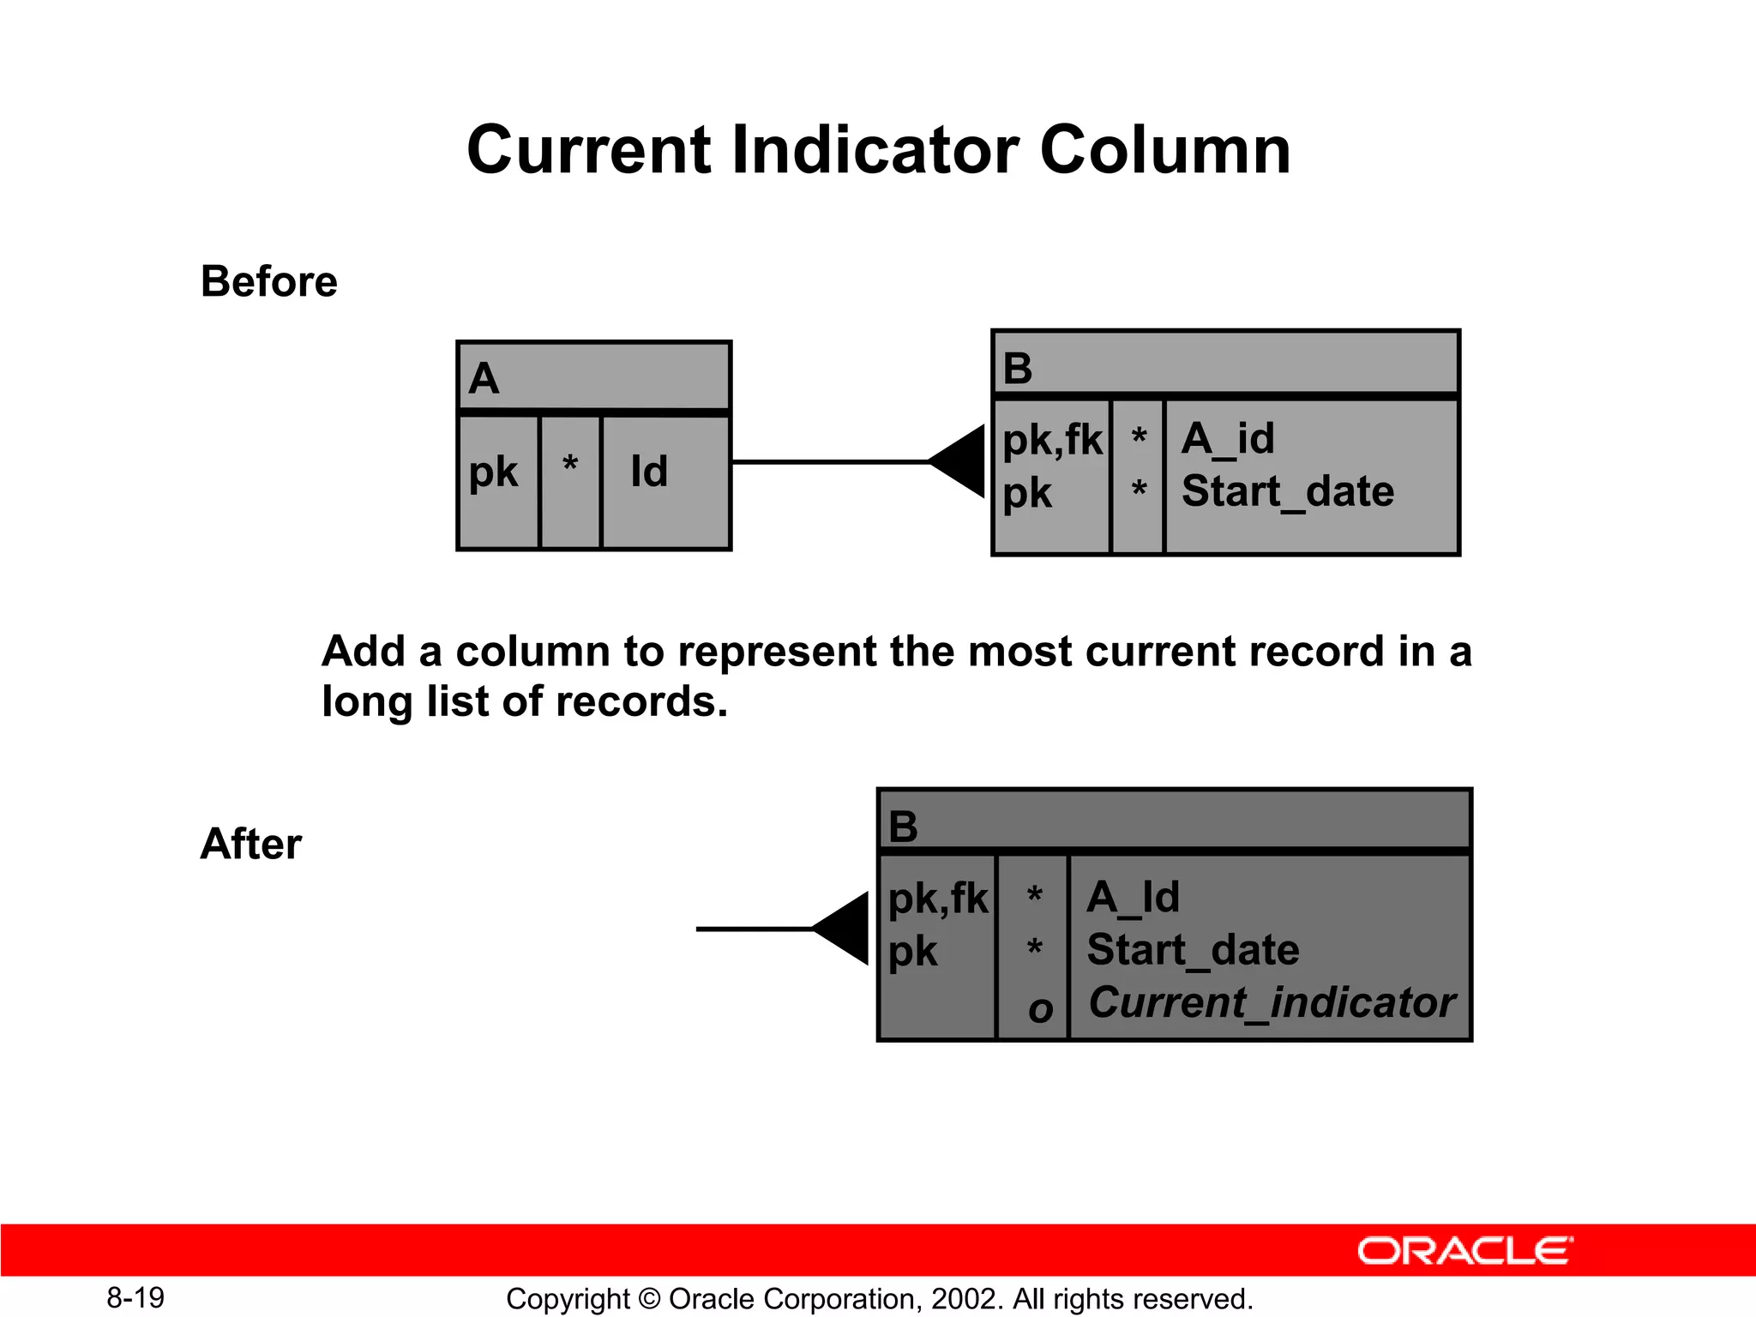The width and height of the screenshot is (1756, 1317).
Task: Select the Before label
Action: click(268, 281)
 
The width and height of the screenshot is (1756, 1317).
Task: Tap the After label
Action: click(250, 844)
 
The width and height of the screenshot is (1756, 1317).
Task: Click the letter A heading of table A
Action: click(484, 378)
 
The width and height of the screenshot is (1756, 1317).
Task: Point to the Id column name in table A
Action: click(649, 472)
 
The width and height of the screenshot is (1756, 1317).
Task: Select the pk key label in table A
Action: click(493, 472)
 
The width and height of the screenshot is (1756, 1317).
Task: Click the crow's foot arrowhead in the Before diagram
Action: click(960, 461)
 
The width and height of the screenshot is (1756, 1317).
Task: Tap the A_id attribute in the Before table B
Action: click(1228, 439)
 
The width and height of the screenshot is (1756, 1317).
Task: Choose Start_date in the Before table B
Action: click(1287, 492)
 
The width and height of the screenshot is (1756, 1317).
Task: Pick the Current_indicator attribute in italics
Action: click(1272, 1002)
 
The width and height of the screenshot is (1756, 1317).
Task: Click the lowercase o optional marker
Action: click(1040, 1009)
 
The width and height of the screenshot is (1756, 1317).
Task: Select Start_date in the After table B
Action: click(1193, 950)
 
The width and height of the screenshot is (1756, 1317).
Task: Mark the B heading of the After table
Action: click(904, 827)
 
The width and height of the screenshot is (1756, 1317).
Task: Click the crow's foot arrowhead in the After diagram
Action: click(845, 929)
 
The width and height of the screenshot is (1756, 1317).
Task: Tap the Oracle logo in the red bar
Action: click(1464, 1251)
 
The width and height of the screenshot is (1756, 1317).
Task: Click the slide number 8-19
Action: click(135, 1297)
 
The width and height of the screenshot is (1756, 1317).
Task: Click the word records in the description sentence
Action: click(641, 701)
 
